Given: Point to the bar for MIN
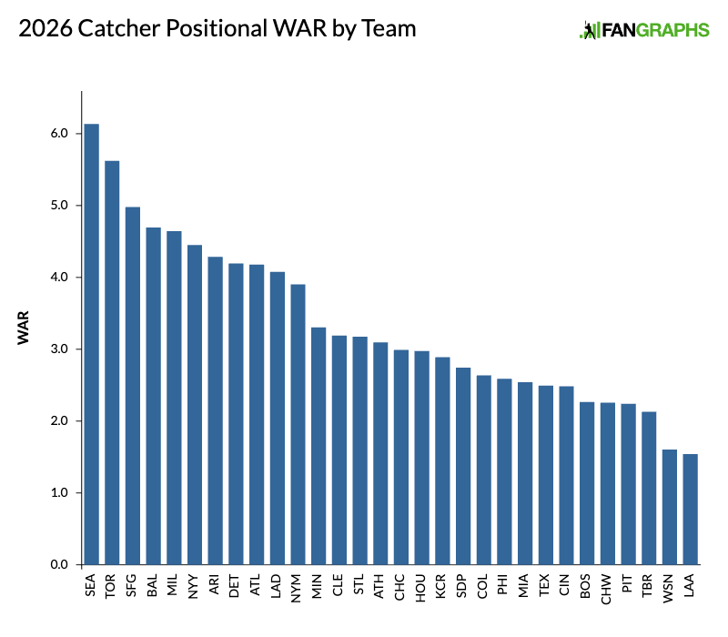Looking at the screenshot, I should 318,446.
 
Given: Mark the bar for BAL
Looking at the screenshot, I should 153,396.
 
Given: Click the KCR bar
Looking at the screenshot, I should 442,460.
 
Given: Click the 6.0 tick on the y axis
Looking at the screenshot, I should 60,133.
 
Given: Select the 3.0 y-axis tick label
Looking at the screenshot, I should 60,349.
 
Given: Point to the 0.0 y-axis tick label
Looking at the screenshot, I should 60,565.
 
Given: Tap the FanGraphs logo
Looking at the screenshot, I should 644,30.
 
